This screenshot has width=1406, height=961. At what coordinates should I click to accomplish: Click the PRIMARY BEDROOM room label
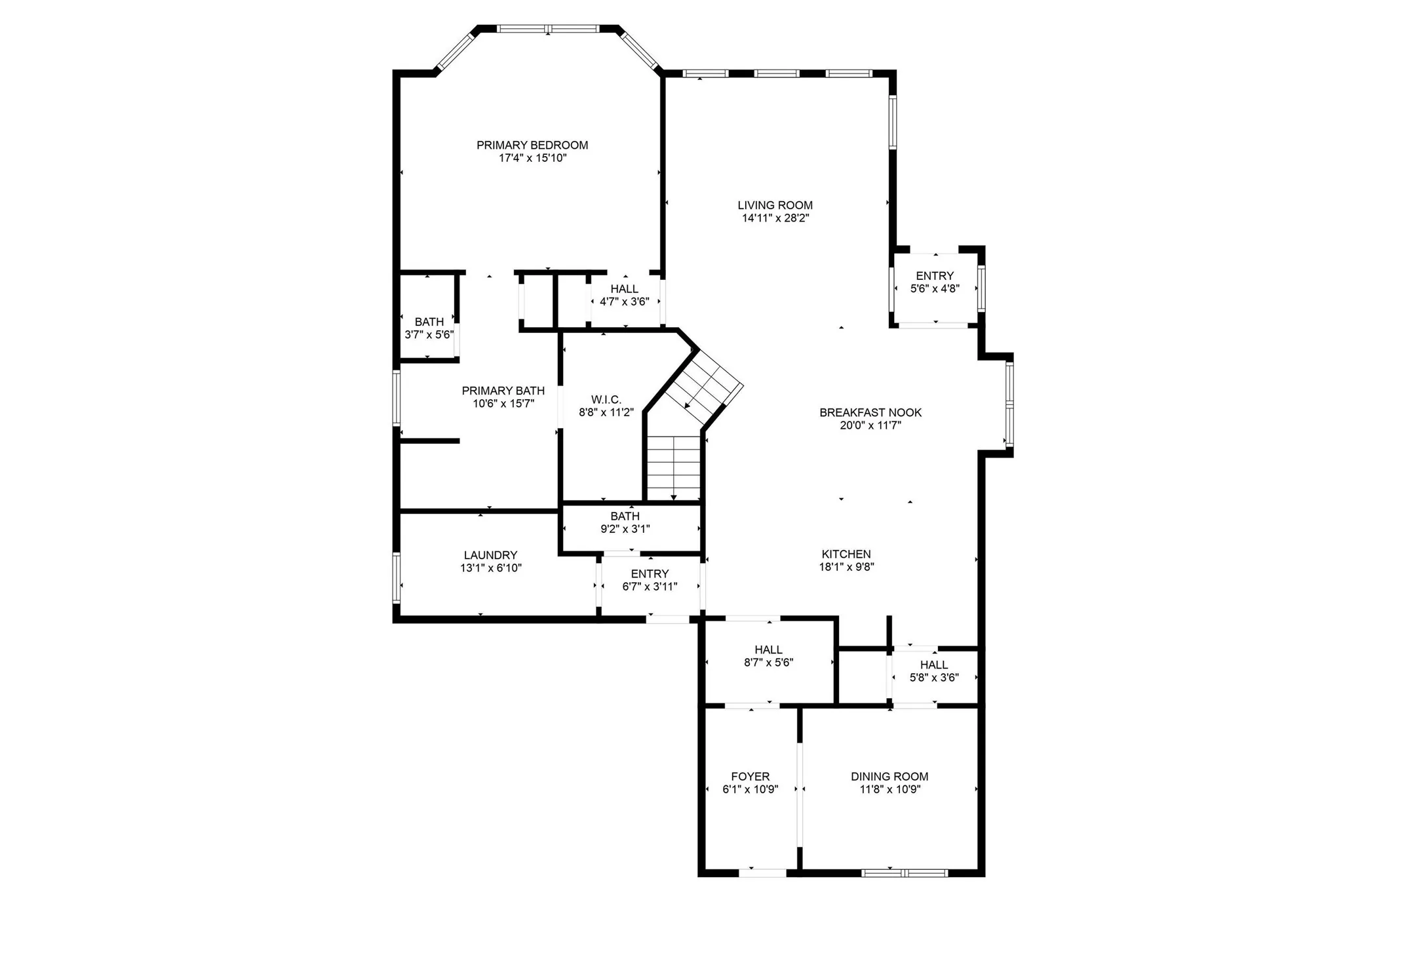[x=532, y=145]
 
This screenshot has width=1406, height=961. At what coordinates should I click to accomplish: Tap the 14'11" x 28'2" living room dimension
[x=775, y=218]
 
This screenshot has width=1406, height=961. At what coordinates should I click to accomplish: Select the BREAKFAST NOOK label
[x=870, y=412]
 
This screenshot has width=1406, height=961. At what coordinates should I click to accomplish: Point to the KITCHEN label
[x=846, y=554]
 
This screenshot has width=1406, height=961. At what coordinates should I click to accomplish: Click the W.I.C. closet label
[x=606, y=399]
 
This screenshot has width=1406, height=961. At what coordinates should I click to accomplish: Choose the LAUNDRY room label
[x=490, y=555]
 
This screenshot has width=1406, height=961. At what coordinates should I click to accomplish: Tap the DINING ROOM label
[x=889, y=776]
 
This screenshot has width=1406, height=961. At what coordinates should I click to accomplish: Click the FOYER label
[x=750, y=776]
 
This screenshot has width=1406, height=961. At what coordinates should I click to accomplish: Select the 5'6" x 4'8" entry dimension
[x=934, y=288]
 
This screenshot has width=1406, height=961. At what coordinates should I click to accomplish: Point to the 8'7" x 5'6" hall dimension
[x=768, y=662]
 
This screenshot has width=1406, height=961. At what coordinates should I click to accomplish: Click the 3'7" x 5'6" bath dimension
[x=429, y=334]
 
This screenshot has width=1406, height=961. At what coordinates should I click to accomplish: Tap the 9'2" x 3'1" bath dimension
[x=625, y=528]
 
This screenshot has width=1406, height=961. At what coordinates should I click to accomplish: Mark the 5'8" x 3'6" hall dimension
[x=933, y=677]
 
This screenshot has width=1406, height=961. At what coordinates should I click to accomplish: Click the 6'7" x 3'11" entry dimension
[x=649, y=587]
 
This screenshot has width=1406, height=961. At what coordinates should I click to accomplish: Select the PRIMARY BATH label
[x=503, y=391]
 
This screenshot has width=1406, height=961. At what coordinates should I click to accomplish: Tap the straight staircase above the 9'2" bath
[x=673, y=467]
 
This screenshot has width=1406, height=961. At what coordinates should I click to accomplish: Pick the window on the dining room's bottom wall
[x=904, y=873]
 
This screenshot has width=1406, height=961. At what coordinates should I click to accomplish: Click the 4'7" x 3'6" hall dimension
[x=624, y=302]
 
